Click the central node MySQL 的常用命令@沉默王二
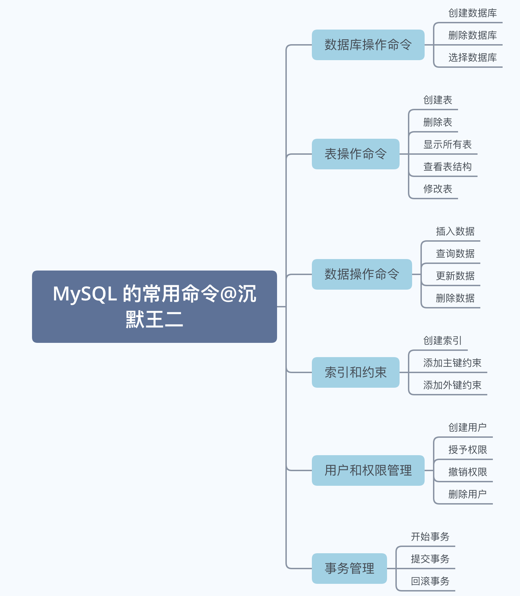154,306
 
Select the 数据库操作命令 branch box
368,45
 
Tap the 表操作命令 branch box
355,154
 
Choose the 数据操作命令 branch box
362,274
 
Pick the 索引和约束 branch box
355,372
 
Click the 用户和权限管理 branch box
368,470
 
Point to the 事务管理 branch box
349,569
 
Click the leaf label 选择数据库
472,57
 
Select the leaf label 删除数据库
472,35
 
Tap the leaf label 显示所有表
447,144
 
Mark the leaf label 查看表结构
447,167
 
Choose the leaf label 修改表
438,189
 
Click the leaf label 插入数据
455,231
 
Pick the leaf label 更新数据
455,276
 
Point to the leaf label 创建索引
442,340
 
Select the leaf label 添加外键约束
452,385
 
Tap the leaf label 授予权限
467,450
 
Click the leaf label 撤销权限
467,472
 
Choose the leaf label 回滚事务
430,581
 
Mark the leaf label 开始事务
430,537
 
